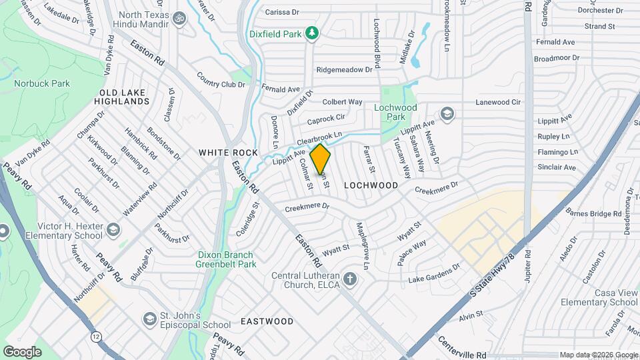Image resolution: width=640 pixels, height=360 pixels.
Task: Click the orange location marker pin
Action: (x=321, y=159)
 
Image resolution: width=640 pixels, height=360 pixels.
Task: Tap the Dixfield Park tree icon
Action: (x=311, y=33)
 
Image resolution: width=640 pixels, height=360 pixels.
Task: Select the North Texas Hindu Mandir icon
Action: (x=178, y=19)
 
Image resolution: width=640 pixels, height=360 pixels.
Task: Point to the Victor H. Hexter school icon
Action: (x=113, y=231)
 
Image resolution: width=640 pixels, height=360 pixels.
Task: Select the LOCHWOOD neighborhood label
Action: (x=371, y=185)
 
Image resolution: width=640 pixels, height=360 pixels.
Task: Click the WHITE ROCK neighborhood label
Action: (x=228, y=153)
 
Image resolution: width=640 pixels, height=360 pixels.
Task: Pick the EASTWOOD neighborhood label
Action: (x=267, y=321)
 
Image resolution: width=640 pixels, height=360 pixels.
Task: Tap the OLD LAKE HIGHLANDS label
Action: (x=125, y=97)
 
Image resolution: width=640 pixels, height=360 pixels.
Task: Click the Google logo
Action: (x=22, y=351)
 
